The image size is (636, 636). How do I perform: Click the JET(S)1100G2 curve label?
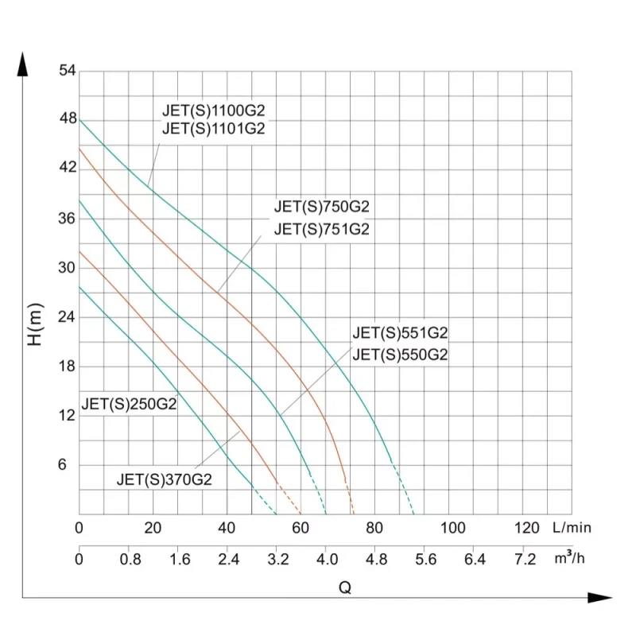point(213,111)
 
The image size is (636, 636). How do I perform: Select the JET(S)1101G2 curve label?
point(213,129)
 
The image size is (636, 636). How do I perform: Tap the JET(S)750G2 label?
point(322,207)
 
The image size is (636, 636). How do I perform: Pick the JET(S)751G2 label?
point(322,230)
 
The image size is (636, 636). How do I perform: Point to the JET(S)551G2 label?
point(401,333)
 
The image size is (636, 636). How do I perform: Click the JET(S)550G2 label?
point(401,355)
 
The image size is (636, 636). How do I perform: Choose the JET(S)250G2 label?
point(129,403)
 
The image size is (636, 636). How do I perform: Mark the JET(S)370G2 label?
point(165,479)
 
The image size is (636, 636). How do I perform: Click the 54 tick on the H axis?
point(67,71)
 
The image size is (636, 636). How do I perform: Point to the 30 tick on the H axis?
point(67,268)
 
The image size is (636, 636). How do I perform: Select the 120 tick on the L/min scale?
point(527,528)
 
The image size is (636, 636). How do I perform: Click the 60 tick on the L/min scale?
point(301,528)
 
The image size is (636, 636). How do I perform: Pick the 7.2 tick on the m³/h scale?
point(525,560)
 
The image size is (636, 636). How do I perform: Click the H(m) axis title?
point(35,327)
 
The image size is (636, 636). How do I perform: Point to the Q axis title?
point(345,588)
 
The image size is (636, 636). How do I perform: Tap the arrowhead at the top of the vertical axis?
point(23,64)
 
